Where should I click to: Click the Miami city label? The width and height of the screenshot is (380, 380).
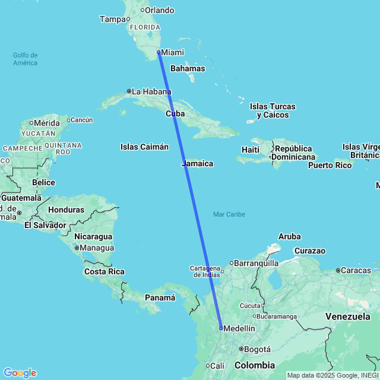pyautogui.click(x=172, y=52)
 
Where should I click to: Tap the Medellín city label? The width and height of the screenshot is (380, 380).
pyautogui.click(x=239, y=328)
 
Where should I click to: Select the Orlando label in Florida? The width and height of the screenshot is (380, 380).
pyautogui.click(x=160, y=10)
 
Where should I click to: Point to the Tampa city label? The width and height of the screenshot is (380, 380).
pyautogui.click(x=113, y=19)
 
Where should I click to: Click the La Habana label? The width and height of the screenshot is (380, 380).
pyautogui.click(x=151, y=91)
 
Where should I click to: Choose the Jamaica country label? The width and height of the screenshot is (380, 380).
pyautogui.click(x=198, y=163)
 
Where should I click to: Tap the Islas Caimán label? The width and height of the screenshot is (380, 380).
pyautogui.click(x=144, y=147)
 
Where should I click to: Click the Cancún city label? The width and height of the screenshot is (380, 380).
pyautogui.click(x=82, y=120)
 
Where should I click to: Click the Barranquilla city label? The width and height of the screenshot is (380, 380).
pyautogui.click(x=257, y=262)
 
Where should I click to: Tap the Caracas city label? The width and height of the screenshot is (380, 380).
pyautogui.click(x=356, y=271)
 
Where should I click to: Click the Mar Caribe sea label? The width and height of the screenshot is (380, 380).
pyautogui.click(x=229, y=214)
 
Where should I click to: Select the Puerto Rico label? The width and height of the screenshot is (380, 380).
pyautogui.click(x=330, y=164)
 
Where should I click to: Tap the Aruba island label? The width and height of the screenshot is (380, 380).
pyautogui.click(x=289, y=236)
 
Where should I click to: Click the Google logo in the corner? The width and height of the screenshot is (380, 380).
pyautogui.click(x=19, y=373)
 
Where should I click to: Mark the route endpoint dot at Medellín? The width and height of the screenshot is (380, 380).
pyautogui.click(x=221, y=328)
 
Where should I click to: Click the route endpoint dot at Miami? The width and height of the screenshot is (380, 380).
pyautogui.click(x=159, y=52)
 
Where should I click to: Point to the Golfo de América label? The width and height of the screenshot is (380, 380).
pyautogui.click(x=26, y=59)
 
